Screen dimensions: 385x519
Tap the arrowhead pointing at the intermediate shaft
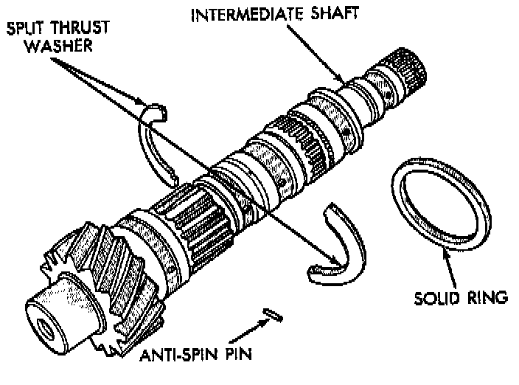click(x=341, y=79)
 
